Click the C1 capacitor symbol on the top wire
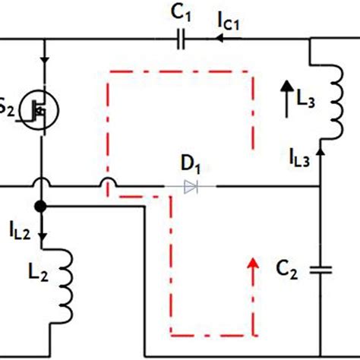180,39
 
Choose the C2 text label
289,267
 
